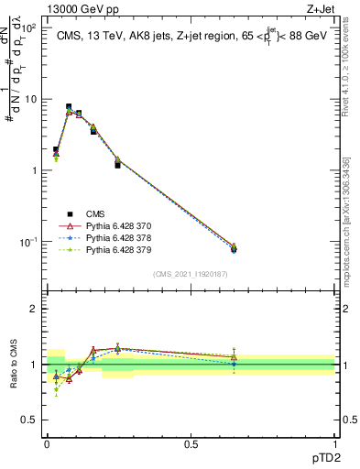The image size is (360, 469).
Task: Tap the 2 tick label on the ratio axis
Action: coord(33,309)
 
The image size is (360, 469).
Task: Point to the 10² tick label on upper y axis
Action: coord(30,27)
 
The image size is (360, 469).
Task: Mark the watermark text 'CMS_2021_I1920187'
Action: coord(191,274)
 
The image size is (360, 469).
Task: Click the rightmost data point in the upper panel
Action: coord(234,247)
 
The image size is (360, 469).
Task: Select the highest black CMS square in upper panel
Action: coord(69,107)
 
